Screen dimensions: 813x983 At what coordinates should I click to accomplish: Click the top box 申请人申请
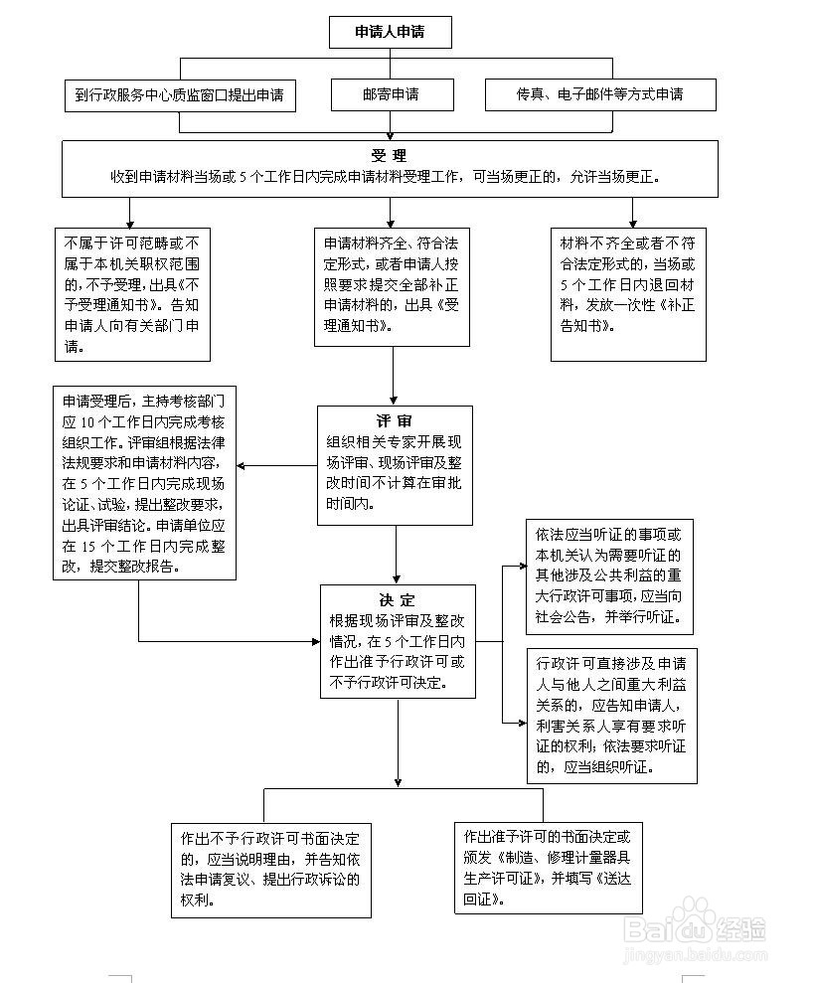click(391, 32)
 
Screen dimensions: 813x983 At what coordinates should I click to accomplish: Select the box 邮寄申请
click(393, 94)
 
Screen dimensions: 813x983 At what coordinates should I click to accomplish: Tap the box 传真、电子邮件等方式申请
click(600, 94)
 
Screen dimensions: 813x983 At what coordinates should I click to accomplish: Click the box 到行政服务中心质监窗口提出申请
click(180, 95)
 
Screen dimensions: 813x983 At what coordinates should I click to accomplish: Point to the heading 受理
click(389, 155)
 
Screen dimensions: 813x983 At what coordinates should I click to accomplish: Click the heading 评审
click(395, 421)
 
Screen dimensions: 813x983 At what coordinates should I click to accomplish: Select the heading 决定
click(398, 600)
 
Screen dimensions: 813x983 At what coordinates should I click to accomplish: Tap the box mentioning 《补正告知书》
click(629, 294)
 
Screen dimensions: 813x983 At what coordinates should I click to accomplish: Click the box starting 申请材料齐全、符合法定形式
click(393, 286)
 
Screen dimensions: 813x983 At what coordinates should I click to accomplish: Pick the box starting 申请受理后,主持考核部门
click(144, 483)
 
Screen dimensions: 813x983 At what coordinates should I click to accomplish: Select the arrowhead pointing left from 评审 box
click(241, 466)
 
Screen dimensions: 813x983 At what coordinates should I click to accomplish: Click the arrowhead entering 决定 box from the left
click(316, 641)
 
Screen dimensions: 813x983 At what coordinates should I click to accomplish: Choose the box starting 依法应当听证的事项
click(609, 576)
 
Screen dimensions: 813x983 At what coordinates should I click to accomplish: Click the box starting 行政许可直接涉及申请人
click(612, 716)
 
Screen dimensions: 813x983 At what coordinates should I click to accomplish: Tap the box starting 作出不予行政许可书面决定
click(271, 870)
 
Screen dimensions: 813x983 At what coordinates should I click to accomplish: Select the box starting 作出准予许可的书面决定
click(549, 868)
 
